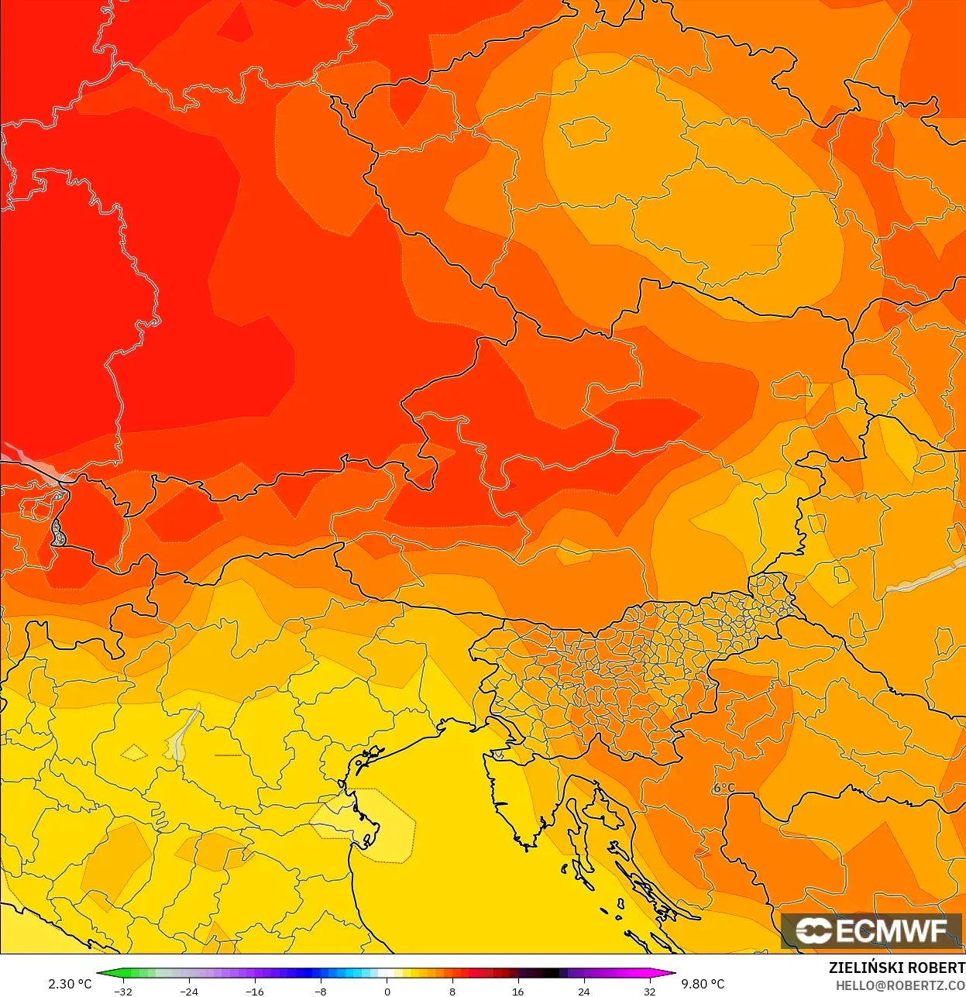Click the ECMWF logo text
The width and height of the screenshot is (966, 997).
891,930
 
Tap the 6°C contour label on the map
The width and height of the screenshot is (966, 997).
724,788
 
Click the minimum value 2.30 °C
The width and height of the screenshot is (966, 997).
70,984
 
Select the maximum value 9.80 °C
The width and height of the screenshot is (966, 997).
703,984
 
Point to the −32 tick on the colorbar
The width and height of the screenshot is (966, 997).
123,991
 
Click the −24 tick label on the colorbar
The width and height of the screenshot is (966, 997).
189,991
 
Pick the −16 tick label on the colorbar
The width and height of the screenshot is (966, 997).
255,991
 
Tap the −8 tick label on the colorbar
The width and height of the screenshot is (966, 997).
321,991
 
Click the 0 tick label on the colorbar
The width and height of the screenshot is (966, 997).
387,991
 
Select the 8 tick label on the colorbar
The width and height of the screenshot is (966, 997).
452,991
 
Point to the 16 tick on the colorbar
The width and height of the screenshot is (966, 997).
518,991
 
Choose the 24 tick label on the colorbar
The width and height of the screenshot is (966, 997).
584,991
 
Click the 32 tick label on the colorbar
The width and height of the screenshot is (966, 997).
650,991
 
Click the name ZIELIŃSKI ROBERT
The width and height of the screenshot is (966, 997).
897,968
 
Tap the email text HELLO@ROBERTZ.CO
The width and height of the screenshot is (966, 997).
900,985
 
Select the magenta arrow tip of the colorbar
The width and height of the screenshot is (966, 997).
670,974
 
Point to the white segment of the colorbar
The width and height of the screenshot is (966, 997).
387,974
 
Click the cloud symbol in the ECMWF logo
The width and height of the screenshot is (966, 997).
813,930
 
